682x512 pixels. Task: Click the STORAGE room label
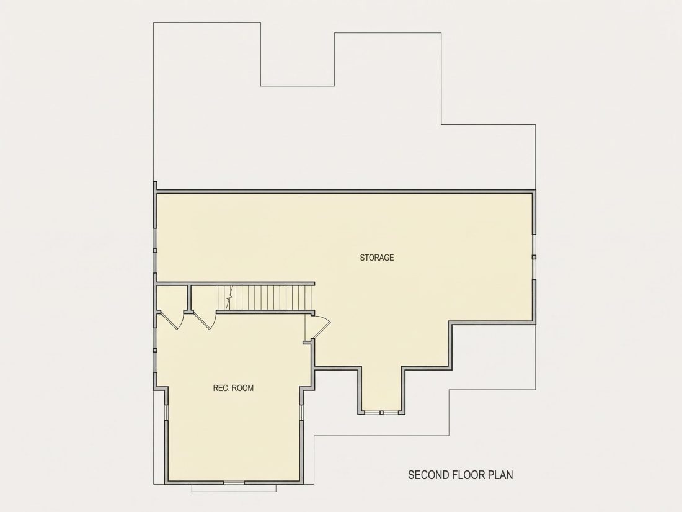tap(377, 258)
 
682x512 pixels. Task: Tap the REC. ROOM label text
tap(233, 388)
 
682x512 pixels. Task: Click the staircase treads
tap(265, 298)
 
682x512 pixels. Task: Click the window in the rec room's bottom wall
tap(234, 482)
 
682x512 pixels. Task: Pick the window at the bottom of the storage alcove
tap(381, 412)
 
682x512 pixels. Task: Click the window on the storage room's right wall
tap(534, 257)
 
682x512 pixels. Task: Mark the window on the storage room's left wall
tap(155, 251)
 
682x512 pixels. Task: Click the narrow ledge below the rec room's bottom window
tap(234, 488)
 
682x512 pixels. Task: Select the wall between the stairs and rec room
tap(265, 312)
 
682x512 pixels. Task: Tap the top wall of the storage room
tap(345, 191)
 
